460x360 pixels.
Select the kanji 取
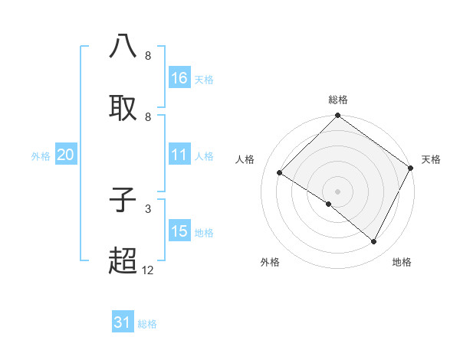(123, 108)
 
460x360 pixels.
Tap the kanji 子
(123, 200)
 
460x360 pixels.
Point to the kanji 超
(123, 261)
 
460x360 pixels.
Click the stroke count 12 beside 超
(148, 270)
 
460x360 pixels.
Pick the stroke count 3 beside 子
(148, 208)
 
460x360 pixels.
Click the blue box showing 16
(179, 78)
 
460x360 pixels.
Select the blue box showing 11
(179, 155)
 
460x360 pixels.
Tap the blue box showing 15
(179, 231)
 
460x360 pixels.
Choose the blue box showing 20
(66, 155)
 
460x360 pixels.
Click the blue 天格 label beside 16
(204, 79)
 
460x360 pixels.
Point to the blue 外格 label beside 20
(41, 155)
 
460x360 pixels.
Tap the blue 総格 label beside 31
(147, 323)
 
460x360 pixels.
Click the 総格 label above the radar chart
(338, 100)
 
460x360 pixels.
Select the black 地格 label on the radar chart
(402, 262)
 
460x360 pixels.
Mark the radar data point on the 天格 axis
(411, 168)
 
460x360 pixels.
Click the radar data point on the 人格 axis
(280, 172)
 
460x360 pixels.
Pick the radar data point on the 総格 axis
(338, 116)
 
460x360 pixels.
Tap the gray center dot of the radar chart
(338, 191)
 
